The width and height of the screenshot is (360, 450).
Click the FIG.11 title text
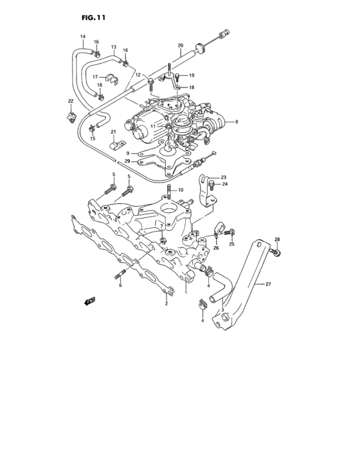coord(94,17)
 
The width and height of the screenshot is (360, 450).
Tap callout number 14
coord(82,37)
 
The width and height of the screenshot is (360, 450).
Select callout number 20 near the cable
coord(181,45)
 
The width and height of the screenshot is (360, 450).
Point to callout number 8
coord(237,122)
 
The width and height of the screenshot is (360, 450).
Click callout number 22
coord(71,102)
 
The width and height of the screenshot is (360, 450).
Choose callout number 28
coord(277,240)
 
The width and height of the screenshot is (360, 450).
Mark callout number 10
coord(181,190)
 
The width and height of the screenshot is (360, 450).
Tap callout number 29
coord(127,161)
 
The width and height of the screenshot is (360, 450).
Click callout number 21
coord(113,132)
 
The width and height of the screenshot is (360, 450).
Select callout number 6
coord(120,285)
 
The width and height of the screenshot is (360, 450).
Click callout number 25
coord(232,244)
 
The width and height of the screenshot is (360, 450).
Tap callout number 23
coord(224,177)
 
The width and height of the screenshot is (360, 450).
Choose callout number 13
coord(113,47)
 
